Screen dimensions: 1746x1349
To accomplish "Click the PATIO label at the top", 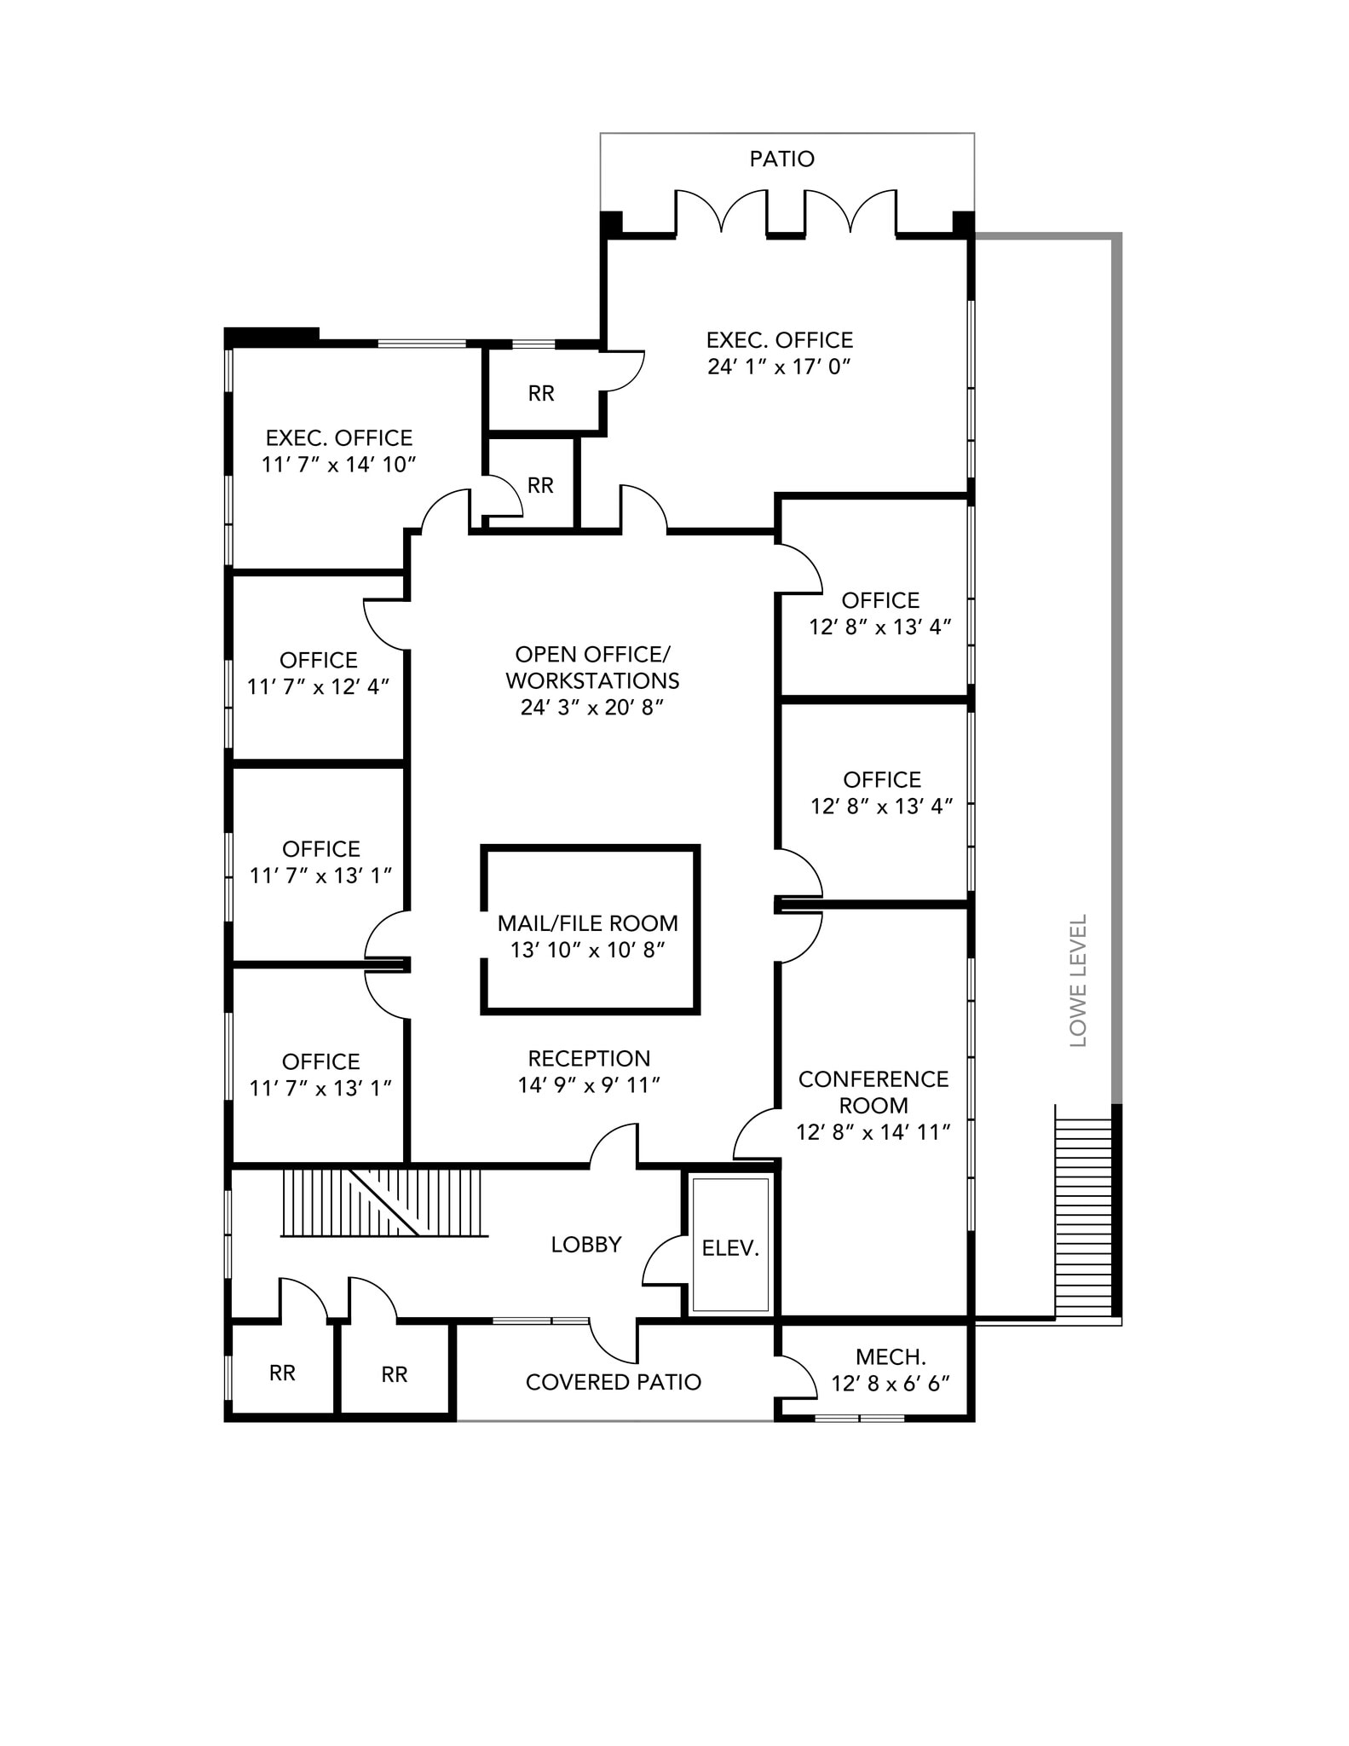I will click(781, 159).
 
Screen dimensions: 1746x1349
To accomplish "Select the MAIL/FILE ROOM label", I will click(587, 922).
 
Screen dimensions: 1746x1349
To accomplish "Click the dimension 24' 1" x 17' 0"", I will click(779, 367).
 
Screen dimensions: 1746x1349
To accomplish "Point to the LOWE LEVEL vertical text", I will click(1078, 980).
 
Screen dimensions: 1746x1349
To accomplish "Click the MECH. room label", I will click(890, 1356).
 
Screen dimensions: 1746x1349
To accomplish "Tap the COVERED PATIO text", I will click(613, 1382).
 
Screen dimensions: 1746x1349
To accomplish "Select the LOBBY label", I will click(585, 1245).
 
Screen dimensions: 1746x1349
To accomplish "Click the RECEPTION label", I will click(589, 1058).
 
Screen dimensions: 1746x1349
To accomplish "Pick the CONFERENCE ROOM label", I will click(873, 1091).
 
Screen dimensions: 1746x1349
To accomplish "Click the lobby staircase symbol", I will click(383, 1202).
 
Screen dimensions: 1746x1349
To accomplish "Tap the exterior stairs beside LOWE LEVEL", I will click(1084, 1211).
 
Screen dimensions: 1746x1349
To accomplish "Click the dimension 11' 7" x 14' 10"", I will click(338, 465).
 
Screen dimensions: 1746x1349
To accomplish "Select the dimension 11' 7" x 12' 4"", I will click(318, 686).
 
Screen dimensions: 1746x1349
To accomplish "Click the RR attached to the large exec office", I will click(541, 393).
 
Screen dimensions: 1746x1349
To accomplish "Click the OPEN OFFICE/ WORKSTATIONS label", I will click(592, 667).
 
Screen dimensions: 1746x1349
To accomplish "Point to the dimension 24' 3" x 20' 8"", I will click(591, 708).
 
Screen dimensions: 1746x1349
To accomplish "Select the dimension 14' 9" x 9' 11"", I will click(589, 1084).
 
